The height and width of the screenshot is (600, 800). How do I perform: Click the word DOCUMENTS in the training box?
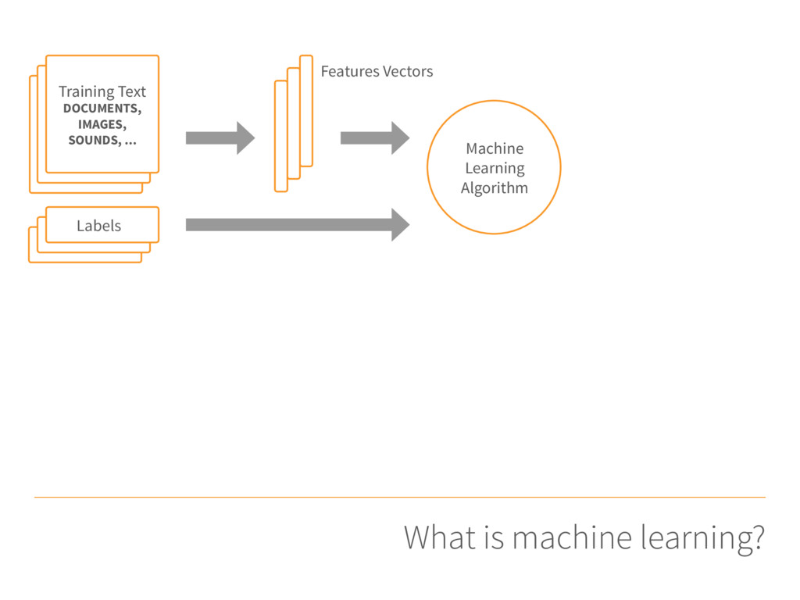tap(101, 108)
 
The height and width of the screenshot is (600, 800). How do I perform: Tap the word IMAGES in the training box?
tap(100, 124)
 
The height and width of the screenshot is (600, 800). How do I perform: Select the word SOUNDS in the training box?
tap(94, 141)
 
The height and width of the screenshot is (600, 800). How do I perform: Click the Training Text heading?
tap(102, 92)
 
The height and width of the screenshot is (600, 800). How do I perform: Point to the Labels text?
tap(99, 226)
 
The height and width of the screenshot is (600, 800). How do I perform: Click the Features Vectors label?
tap(377, 71)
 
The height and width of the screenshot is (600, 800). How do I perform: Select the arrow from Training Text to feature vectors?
tap(220, 137)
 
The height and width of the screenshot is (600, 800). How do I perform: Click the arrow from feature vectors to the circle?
tap(375, 137)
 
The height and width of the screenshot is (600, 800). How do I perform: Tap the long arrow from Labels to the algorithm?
tap(298, 224)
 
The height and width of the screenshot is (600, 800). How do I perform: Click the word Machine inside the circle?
tap(495, 148)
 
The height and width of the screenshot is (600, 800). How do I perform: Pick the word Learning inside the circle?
tap(495, 169)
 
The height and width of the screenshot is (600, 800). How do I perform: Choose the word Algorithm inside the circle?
tap(495, 188)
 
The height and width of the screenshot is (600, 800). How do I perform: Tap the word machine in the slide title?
tap(572, 538)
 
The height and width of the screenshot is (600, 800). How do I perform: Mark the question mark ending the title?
tap(758, 537)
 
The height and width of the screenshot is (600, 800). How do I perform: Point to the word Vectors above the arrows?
tap(408, 71)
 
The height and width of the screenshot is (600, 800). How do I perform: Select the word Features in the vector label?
tap(350, 71)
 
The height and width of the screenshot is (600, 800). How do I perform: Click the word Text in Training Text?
tap(132, 92)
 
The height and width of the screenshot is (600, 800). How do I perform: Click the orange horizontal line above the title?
tap(400, 497)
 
